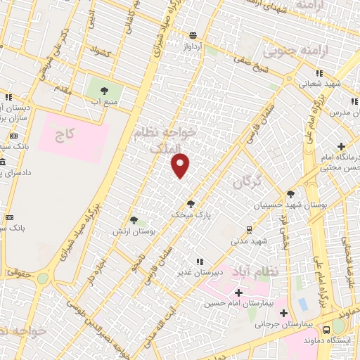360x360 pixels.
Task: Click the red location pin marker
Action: click(181, 165)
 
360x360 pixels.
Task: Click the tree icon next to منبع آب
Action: click(104, 91)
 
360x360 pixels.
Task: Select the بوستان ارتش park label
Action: click(138, 231)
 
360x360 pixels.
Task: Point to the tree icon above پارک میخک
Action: click(191, 204)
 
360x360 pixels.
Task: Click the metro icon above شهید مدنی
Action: click(249, 229)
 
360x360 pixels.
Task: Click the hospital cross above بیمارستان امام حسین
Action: click(238, 292)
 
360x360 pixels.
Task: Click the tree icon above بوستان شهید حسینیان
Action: click(290, 194)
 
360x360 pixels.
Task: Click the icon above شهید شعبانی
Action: click(320, 72)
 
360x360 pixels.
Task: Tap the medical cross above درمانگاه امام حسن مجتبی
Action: click(342, 147)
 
